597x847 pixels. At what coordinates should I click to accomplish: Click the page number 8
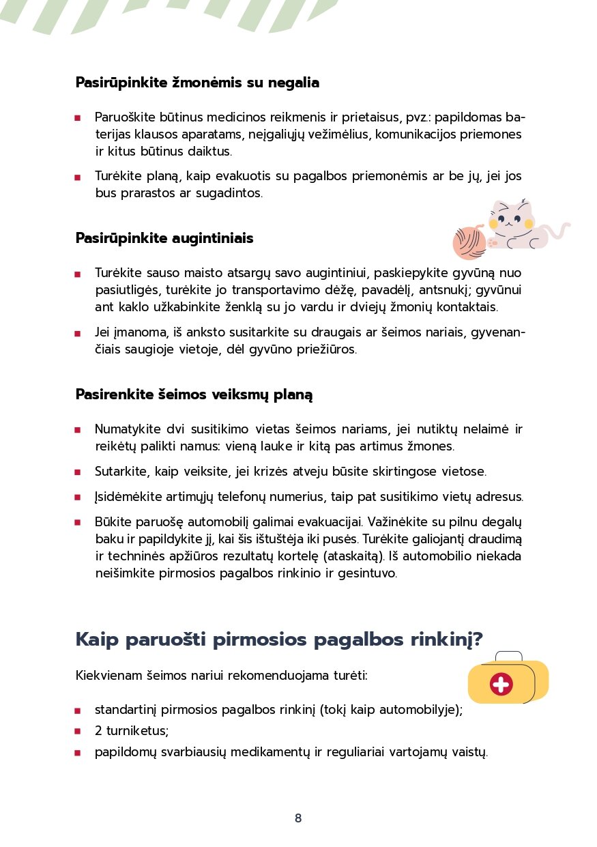click(298, 818)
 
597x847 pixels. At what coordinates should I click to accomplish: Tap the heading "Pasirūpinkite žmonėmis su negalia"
click(197, 83)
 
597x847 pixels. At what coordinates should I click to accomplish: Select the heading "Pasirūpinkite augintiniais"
click(164, 238)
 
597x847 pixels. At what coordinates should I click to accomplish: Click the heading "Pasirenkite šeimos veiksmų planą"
click(194, 394)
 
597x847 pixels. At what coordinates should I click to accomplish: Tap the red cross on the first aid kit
click(501, 683)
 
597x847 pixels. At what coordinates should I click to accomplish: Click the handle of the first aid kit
click(508, 656)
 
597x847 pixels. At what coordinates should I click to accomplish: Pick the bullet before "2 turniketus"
click(78, 731)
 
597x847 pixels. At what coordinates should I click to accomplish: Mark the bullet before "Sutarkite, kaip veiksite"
click(78, 472)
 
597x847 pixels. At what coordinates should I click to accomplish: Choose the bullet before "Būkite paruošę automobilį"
click(78, 523)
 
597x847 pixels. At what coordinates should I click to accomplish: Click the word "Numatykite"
click(127, 429)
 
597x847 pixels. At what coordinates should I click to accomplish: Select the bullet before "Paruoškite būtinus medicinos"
click(78, 117)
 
